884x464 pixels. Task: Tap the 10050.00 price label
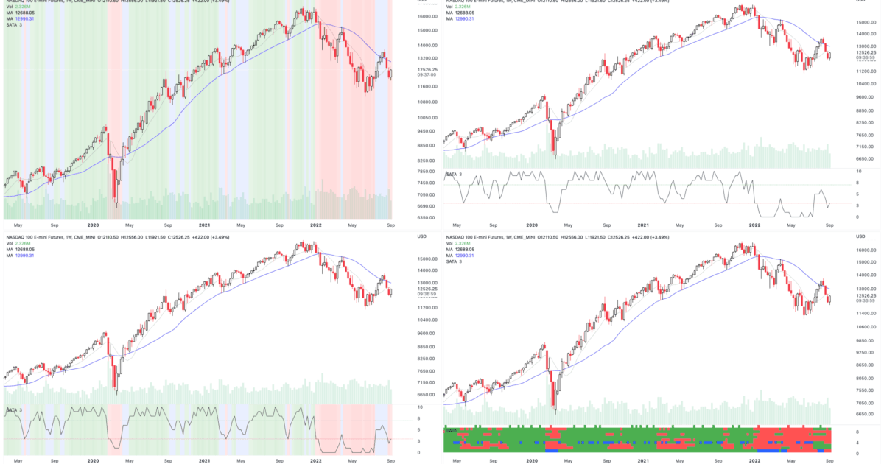click(429, 118)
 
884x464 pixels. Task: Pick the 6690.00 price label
click(429, 207)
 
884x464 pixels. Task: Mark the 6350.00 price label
click(429, 218)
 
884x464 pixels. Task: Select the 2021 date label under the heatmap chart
click(643, 459)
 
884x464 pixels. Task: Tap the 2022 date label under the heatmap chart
click(754, 459)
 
